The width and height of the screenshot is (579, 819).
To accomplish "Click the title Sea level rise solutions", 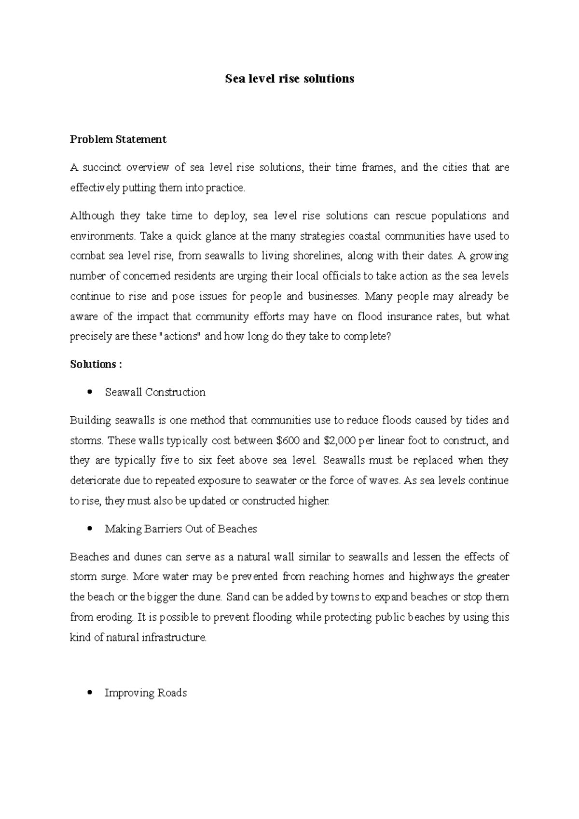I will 289,79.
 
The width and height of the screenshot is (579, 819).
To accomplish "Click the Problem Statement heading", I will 118,139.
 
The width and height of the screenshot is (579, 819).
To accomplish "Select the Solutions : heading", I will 96,364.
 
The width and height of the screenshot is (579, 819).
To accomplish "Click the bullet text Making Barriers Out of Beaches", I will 180,529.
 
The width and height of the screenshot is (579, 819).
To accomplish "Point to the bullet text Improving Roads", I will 145,693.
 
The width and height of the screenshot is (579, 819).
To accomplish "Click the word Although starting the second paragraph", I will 92,216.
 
